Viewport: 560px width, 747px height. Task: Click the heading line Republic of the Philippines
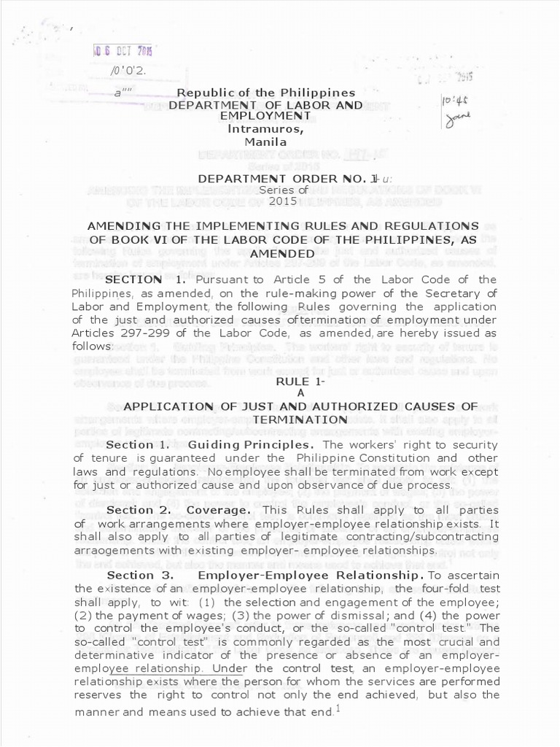(266, 93)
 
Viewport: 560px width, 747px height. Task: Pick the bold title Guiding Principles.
(252, 444)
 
